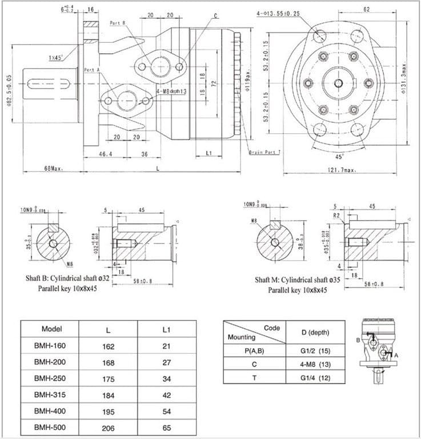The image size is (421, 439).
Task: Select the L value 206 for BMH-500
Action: pyautogui.click(x=109, y=428)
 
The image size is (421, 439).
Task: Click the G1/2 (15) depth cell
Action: pyautogui.click(x=315, y=350)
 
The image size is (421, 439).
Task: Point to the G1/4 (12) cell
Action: pyautogui.click(x=315, y=378)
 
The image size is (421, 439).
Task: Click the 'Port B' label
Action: pyautogui.click(x=118, y=23)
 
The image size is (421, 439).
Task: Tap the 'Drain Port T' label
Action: pyautogui.click(x=264, y=152)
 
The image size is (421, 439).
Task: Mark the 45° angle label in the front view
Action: pyautogui.click(x=339, y=156)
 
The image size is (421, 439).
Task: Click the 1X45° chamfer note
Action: pyautogui.click(x=56, y=58)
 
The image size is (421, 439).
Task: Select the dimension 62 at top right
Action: pyautogui.click(x=366, y=10)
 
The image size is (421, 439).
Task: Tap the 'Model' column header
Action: pyautogui.click(x=51, y=329)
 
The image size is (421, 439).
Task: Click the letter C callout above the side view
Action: pyautogui.click(x=215, y=15)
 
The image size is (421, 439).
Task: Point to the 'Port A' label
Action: pyautogui.click(x=92, y=70)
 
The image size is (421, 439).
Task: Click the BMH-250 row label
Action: pyautogui.click(x=51, y=378)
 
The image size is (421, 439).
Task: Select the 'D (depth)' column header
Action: pyautogui.click(x=315, y=332)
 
